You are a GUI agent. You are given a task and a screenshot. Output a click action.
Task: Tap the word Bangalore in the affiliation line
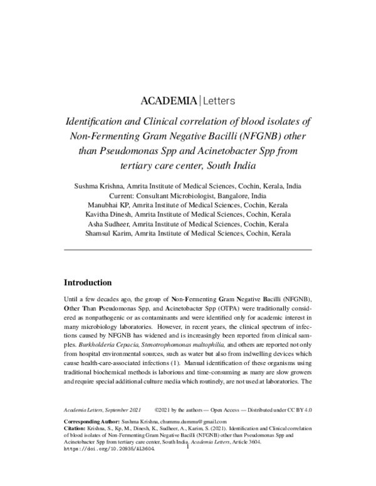pyautogui.click(x=236, y=195)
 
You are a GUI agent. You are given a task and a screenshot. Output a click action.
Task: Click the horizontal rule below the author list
pyautogui.click(x=188, y=250)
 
